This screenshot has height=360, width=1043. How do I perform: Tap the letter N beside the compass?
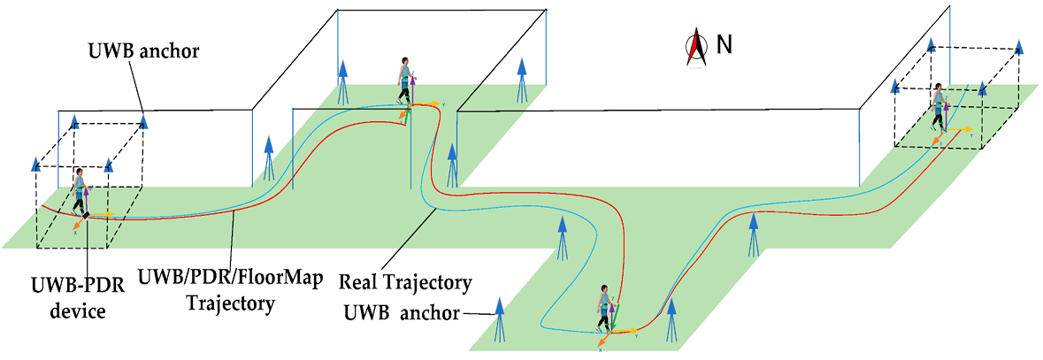click(724, 44)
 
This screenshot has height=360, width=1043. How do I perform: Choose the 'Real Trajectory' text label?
click(405, 283)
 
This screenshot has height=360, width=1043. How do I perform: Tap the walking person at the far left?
click(81, 193)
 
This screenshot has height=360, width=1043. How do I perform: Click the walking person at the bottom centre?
click(604, 309)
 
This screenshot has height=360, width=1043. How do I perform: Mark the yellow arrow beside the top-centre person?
click(426, 104)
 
